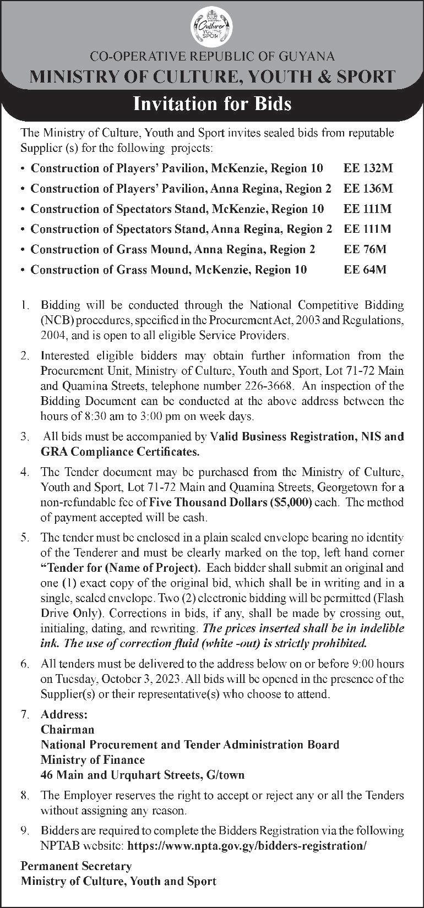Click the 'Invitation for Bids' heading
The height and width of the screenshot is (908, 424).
212,103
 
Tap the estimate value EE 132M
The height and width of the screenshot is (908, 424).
368,168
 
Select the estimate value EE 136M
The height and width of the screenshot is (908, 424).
368,188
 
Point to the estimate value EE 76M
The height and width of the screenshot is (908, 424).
365,249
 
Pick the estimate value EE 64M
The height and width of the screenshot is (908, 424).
365,270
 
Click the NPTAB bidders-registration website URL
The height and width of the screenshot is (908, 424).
260,845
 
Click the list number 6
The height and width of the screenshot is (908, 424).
25,664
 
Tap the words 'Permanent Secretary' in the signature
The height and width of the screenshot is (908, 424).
76,866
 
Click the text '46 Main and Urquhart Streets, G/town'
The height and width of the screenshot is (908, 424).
143,775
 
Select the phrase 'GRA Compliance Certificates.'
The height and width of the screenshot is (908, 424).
120,452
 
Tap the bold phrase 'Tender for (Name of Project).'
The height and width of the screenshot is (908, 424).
120,567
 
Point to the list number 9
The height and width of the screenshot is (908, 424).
25,830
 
